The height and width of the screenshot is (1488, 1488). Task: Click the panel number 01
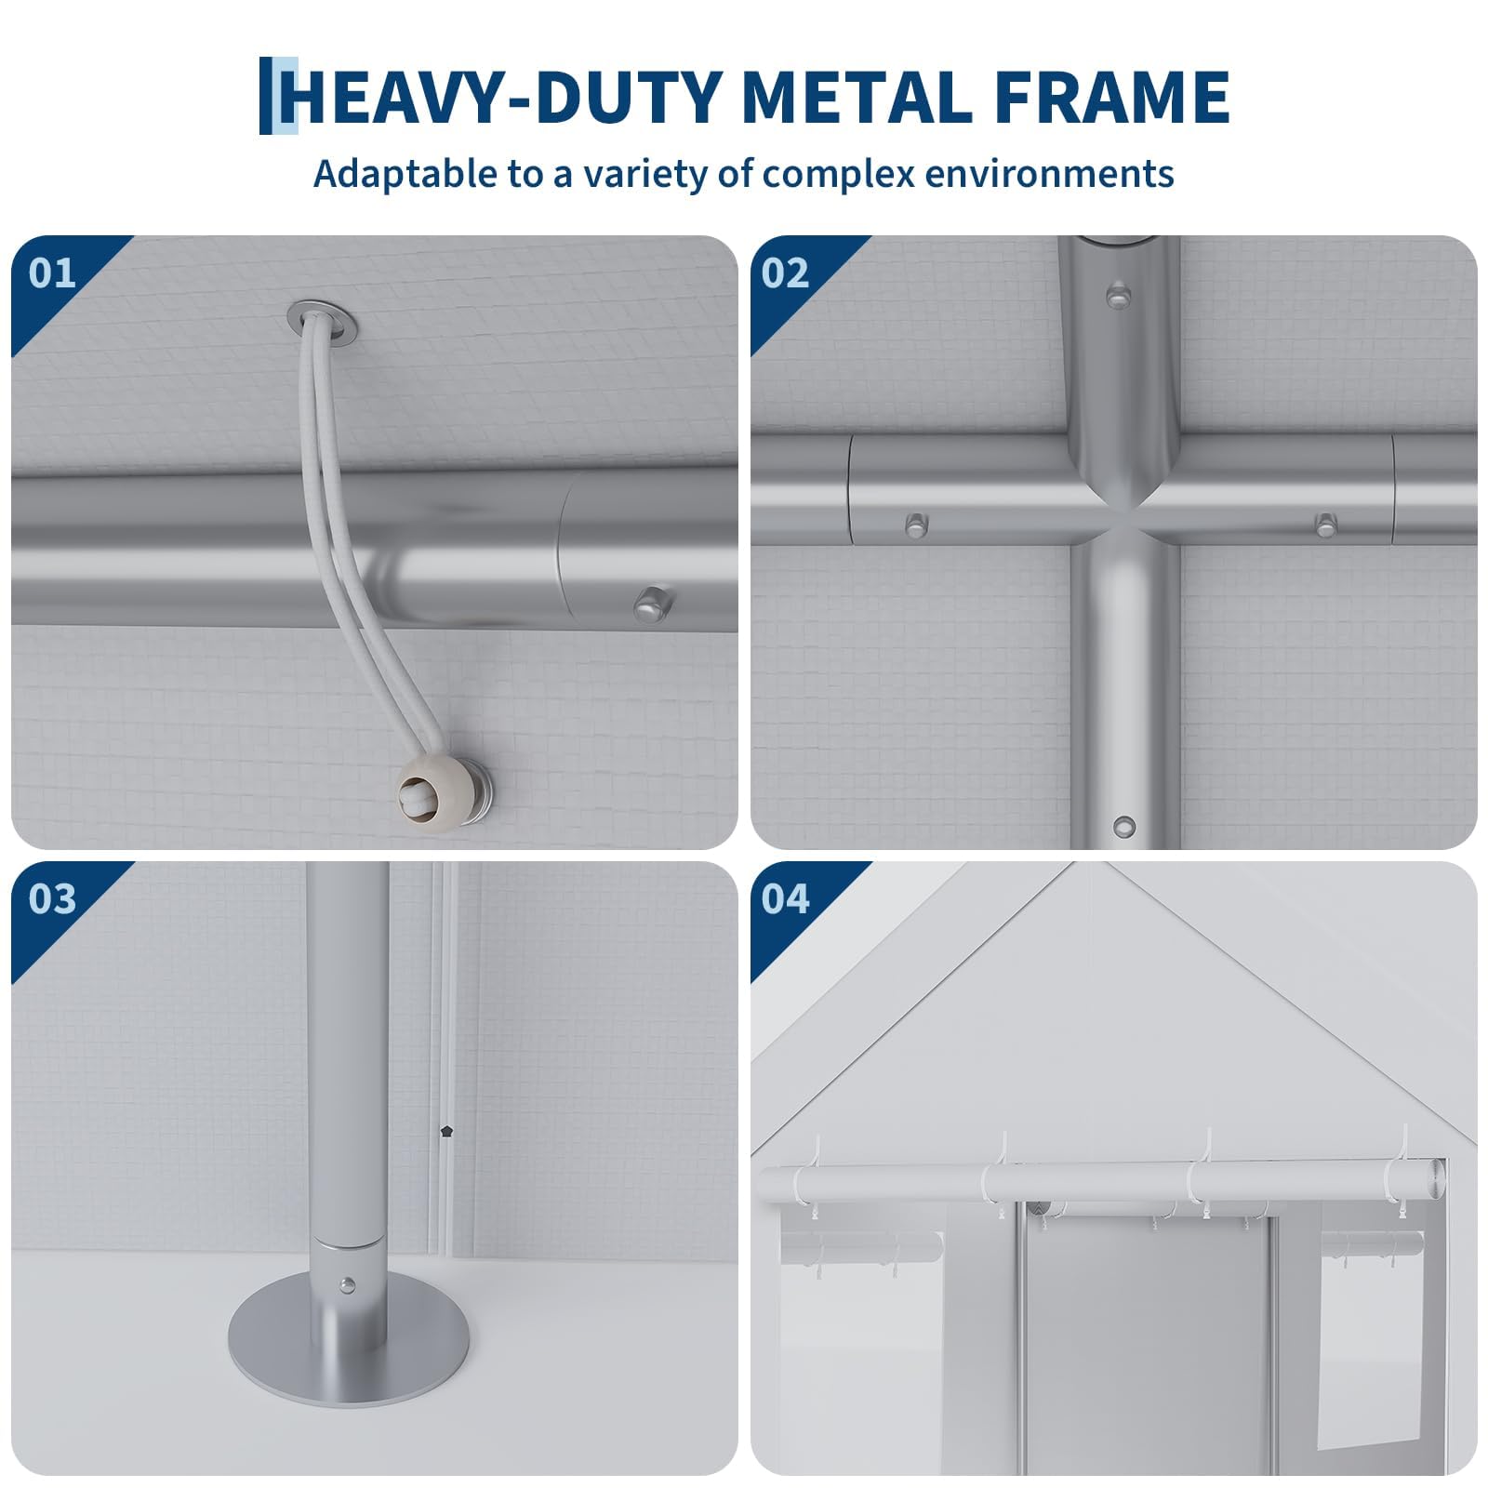pyautogui.click(x=51, y=273)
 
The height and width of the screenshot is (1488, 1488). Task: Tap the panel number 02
pyautogui.click(x=786, y=273)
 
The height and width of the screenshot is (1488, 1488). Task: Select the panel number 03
pyautogui.click(x=52, y=899)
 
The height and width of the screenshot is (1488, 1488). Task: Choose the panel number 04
pyautogui.click(x=786, y=899)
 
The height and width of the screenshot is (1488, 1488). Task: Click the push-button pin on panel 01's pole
pyautogui.click(x=653, y=603)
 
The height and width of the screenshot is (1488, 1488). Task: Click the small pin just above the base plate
pyautogui.click(x=348, y=1286)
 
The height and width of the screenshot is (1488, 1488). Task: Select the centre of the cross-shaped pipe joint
pyautogui.click(x=1124, y=524)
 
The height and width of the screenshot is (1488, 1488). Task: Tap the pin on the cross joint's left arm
pyautogui.click(x=915, y=525)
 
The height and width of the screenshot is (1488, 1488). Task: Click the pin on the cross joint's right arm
pyautogui.click(x=1325, y=524)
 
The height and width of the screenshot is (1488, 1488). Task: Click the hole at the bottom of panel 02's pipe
pyautogui.click(x=1124, y=826)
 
